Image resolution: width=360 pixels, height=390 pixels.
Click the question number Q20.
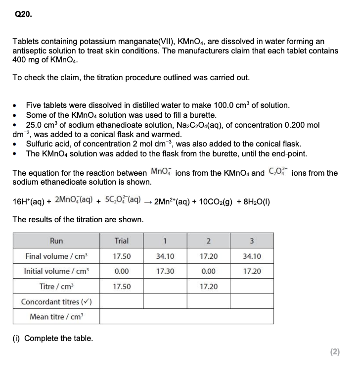[x=23, y=15]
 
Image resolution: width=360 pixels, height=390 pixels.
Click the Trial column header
[x=122, y=241]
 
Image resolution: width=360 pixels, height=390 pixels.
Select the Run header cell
[x=56, y=241]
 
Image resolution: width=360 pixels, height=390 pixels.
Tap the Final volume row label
[x=56, y=256]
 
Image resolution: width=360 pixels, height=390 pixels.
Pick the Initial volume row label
[x=56, y=271]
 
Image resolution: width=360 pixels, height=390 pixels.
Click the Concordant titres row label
[x=56, y=301]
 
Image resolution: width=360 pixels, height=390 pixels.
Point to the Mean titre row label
[x=56, y=317]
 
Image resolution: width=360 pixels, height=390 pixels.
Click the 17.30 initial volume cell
[x=165, y=271]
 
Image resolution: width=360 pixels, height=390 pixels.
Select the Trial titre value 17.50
[x=122, y=287]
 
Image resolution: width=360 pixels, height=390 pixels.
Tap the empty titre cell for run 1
[x=165, y=287]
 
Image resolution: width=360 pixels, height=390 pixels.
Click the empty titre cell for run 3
[x=252, y=287]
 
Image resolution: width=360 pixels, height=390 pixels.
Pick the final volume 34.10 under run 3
[x=252, y=256]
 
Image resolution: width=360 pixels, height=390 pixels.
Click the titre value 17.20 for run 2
[x=208, y=287]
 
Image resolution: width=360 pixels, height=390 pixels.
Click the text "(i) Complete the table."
[x=52, y=339]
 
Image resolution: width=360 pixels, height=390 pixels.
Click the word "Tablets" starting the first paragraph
[x=25, y=42]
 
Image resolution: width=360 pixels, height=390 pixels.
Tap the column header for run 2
[x=208, y=241]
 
